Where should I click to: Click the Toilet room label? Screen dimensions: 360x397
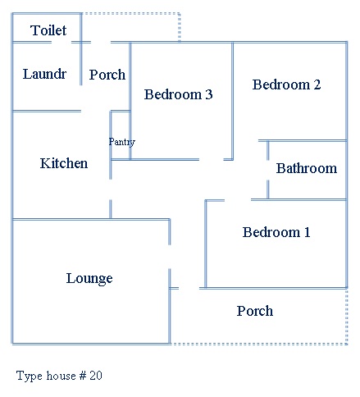point(48,30)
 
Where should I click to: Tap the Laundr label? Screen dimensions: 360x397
point(44,74)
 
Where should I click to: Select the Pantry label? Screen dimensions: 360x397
point(122,142)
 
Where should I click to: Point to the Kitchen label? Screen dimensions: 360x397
point(64,163)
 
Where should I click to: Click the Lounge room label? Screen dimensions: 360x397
point(89,279)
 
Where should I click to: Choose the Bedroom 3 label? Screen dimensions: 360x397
point(178,94)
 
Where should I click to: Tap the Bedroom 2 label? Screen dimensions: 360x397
point(286,84)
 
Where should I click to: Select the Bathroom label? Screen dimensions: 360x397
point(307,168)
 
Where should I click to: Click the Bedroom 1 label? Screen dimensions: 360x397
point(276,232)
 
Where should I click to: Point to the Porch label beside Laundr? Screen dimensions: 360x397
point(107,75)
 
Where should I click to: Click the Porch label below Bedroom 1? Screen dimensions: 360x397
point(255,311)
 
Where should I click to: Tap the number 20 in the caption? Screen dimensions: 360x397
point(96,376)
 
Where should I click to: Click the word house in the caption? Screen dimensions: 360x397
point(61,376)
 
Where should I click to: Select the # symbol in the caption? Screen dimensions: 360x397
point(83,376)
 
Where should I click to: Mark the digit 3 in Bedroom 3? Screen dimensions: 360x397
point(209,94)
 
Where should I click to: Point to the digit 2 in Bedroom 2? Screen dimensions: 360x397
point(317,84)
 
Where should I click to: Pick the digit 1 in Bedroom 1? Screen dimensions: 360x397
point(308,232)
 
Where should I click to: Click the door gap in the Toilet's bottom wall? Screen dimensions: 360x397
point(62,42)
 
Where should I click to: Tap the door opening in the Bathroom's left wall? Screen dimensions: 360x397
point(267,170)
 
